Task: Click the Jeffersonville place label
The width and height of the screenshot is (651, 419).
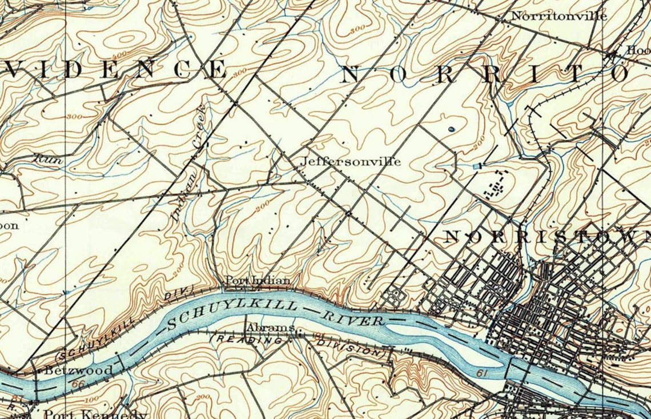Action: point(351,162)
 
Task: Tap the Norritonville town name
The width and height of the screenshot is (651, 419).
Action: point(558,16)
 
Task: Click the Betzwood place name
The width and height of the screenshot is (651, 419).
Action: point(79,370)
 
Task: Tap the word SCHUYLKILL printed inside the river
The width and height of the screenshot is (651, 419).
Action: point(232,314)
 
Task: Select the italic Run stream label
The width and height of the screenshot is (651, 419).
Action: point(48,159)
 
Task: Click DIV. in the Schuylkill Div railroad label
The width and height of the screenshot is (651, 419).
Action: point(178,294)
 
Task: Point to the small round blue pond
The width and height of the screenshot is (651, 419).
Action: point(451,130)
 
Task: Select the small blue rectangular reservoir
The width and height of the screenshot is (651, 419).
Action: point(477,166)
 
